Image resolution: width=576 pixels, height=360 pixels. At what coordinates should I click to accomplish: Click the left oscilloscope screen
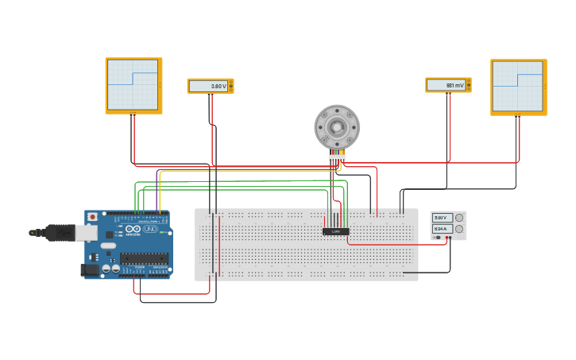133,84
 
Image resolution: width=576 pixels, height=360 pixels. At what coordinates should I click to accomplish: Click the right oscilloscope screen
517,86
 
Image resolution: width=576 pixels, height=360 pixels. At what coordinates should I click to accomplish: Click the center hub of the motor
337,127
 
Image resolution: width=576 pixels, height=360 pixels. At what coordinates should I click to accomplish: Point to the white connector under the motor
337,157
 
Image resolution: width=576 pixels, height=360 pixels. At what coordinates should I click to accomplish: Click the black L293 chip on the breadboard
335,231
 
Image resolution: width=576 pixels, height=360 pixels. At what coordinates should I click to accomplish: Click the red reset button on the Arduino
92,216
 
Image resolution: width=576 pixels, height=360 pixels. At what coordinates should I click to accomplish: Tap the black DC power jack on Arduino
89,270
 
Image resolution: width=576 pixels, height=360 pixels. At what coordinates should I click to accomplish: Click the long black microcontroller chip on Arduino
144,257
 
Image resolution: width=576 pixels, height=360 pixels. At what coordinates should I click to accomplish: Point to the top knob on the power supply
459,218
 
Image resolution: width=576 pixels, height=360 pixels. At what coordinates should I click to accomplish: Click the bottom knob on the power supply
459,229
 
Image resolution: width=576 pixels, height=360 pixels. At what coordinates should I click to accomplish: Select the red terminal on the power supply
446,238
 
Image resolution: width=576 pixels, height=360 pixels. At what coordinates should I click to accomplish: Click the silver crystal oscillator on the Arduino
106,246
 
